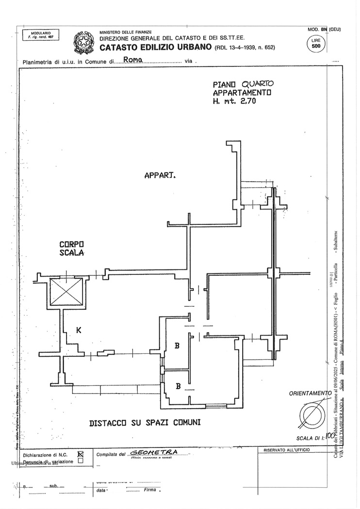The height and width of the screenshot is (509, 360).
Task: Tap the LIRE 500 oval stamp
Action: [316, 44]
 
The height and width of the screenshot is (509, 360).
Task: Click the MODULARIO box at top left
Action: [40, 35]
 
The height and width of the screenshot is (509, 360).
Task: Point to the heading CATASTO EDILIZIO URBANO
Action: [156, 47]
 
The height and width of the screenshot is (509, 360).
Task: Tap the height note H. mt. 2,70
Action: [234, 102]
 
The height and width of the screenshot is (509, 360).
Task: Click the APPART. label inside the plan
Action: [160, 175]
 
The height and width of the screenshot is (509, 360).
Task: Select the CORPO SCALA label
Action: [72, 249]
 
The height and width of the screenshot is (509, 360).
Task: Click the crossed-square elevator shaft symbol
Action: [67, 292]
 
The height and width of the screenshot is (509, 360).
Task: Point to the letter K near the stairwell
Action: [79, 331]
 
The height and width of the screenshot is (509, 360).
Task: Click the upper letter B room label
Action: [178, 346]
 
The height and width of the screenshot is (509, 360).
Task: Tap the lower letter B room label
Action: [178, 386]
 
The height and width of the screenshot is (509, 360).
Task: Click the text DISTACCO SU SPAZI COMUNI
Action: [145, 423]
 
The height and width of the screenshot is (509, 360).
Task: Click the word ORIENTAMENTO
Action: [310, 393]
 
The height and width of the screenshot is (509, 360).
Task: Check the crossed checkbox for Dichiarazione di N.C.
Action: [81, 454]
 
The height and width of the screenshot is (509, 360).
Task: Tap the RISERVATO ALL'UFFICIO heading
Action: [288, 450]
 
